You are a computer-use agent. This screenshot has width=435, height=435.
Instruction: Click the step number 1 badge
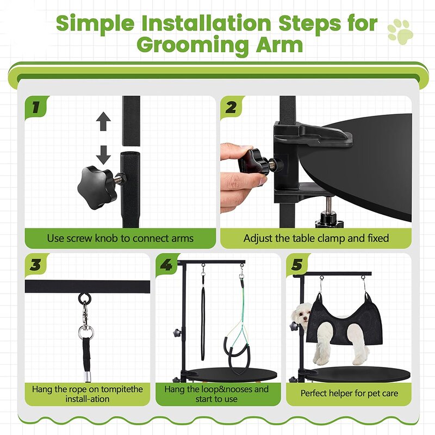(36, 107)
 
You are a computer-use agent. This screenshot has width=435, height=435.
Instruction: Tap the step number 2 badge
(232, 107)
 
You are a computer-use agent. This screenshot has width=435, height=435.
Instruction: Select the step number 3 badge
(36, 265)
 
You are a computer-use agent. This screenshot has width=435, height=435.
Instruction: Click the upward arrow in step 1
(104, 122)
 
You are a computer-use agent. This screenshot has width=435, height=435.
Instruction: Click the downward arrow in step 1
(104, 155)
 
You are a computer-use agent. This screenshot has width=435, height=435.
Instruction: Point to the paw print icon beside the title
(400, 32)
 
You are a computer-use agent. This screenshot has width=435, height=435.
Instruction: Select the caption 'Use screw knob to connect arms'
(120, 238)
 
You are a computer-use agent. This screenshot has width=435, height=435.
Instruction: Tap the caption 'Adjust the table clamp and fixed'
(316, 238)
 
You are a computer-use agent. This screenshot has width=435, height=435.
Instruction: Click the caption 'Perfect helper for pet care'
(349, 393)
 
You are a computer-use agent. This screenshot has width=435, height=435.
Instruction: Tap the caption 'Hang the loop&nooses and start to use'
(216, 394)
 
